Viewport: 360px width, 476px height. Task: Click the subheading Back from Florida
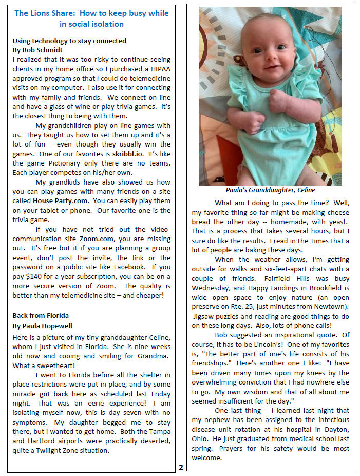pos(40,315)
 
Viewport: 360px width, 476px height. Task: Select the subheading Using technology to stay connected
pos(69,41)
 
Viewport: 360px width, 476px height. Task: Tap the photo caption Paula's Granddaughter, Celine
pos(270,190)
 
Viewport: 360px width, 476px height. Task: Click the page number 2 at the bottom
pos(181,467)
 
